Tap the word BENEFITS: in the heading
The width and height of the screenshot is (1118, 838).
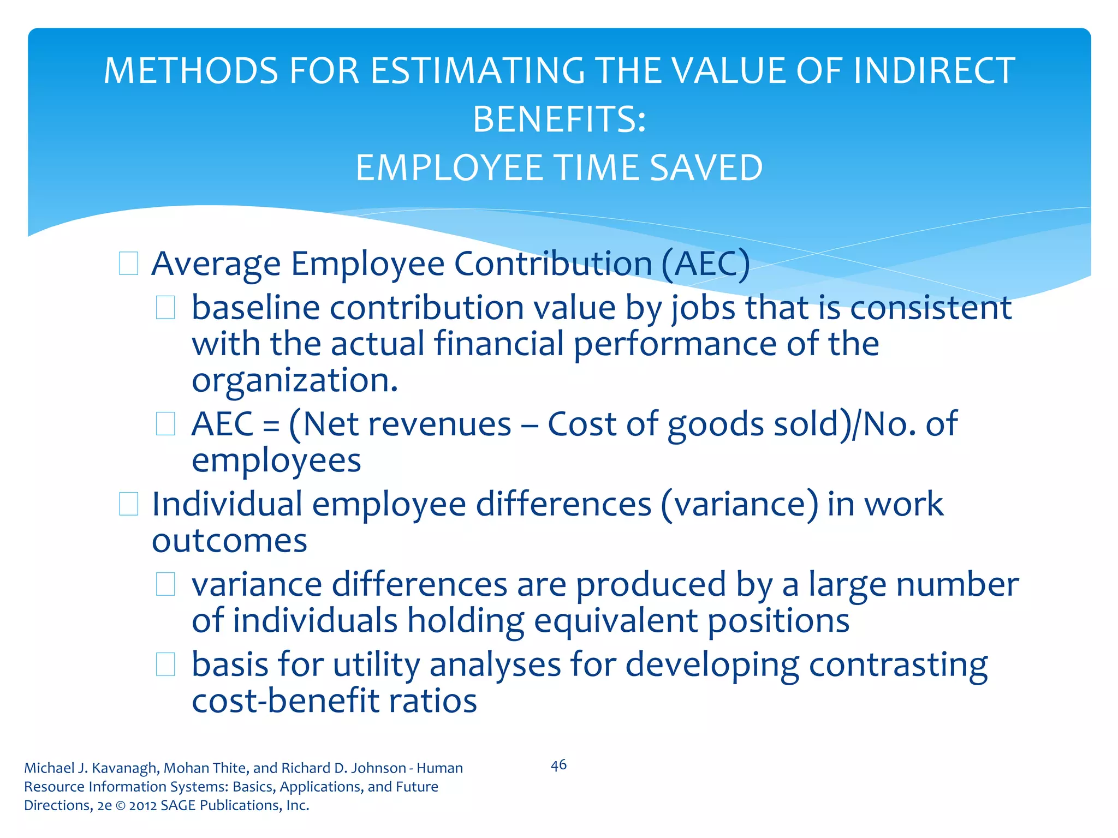pos(559,119)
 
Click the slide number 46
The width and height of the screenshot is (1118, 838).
pos(558,765)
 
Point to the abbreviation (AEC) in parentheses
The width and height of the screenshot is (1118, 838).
pos(705,265)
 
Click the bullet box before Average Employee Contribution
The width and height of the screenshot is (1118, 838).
pos(128,264)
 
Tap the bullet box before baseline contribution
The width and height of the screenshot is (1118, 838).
pos(165,308)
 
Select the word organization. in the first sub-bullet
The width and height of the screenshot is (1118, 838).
pos(295,380)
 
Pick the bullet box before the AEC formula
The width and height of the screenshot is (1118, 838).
pos(165,424)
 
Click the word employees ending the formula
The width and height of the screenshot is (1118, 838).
pos(276,461)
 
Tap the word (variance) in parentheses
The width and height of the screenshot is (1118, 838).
pos(739,505)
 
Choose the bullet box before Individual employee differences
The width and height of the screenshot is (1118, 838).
pos(128,504)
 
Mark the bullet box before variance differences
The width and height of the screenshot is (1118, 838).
pos(165,584)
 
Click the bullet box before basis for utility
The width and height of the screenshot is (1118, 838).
pos(165,665)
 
